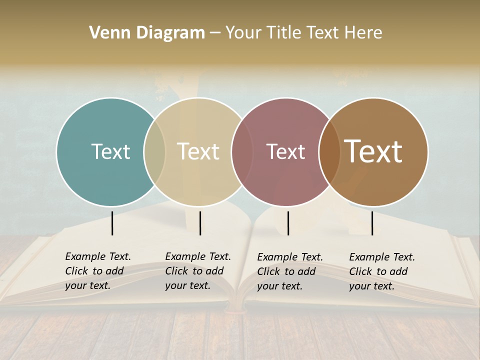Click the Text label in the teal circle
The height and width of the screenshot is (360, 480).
point(110,151)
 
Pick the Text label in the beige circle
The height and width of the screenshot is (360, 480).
point(198,151)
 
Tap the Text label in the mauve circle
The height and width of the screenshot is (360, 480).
point(285,151)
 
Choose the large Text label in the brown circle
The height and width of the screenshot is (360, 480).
point(373,151)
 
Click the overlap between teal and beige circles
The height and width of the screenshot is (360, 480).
point(154,151)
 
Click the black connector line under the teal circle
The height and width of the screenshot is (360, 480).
point(112,223)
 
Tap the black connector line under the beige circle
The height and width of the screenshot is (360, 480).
point(200,223)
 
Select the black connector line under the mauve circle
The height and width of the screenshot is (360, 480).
point(288,223)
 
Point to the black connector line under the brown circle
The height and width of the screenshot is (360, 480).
point(372,223)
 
